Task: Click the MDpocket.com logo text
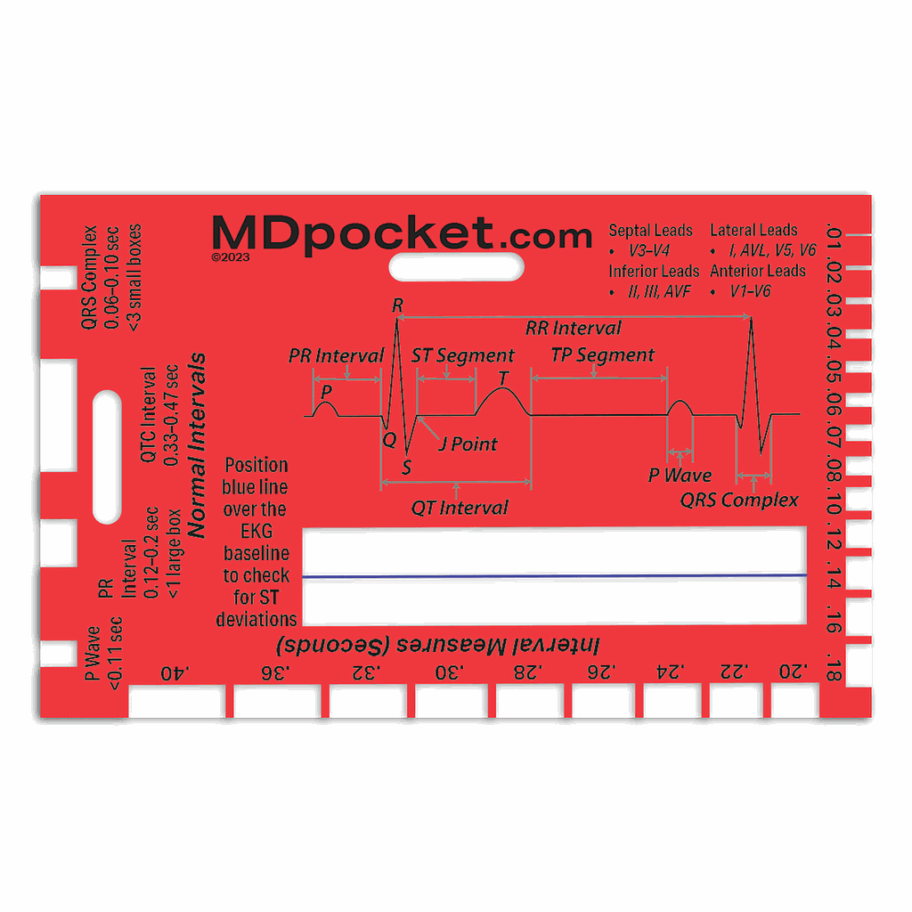pos(402,233)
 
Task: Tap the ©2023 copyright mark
pos(231,256)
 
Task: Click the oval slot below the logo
pos(456,266)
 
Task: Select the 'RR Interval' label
pos(573,328)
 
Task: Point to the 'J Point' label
pos(468,444)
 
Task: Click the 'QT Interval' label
pos(460,508)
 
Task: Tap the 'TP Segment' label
pos(603,354)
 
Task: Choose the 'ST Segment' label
pos(462,355)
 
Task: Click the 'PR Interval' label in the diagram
pos(337,355)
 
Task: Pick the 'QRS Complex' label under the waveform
pos(739,500)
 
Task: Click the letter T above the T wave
pos(504,379)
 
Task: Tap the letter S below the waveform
pos(407,468)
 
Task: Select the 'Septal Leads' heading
pos(650,231)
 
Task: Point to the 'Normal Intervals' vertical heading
pos(199,445)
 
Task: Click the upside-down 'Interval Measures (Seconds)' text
pos(437,644)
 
